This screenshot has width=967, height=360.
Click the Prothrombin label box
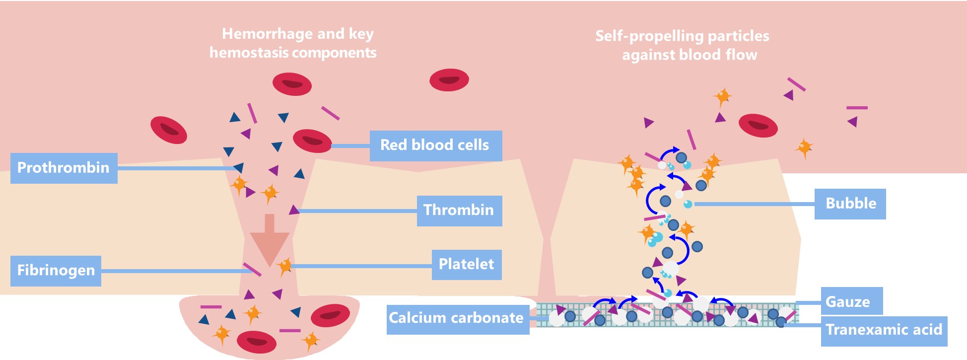64,168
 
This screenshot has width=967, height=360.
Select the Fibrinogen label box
56,271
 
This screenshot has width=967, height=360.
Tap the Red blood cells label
435,145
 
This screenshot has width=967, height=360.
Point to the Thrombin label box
459,211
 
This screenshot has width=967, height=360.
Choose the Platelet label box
466,264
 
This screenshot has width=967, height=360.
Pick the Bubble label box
850,204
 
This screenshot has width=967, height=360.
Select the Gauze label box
851,301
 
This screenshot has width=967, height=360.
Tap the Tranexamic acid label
884,331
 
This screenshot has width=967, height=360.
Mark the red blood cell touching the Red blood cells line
312,141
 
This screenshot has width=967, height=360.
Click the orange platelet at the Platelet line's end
285,266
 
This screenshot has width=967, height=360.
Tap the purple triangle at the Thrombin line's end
294,210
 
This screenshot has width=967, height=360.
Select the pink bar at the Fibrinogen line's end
252,269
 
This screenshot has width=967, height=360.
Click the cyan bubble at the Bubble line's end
688,204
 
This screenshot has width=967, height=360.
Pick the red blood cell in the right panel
758,125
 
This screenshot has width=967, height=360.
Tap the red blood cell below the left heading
292,84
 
